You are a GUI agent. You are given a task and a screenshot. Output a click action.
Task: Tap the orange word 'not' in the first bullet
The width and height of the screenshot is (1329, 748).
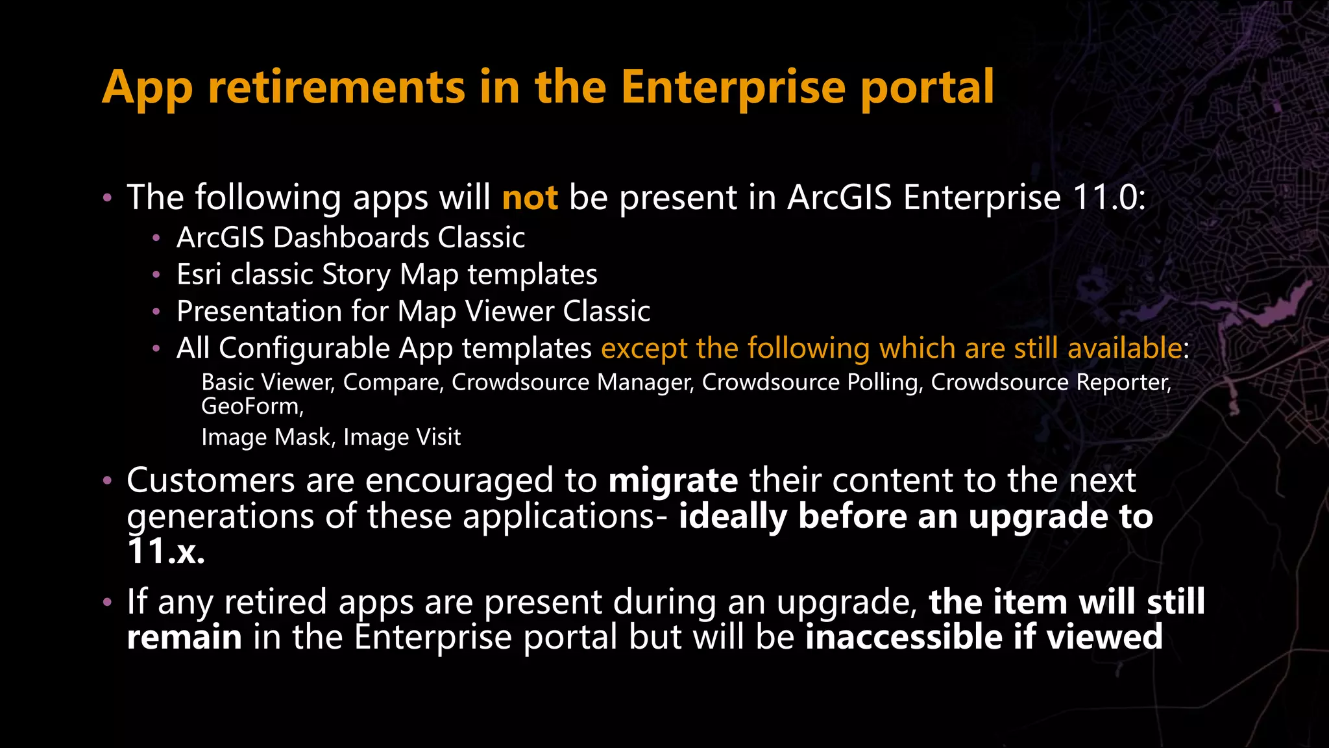530,197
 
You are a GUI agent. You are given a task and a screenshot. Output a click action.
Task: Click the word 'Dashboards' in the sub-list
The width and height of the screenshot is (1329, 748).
351,238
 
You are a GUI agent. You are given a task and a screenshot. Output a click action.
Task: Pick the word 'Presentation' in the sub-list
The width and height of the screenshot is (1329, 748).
259,312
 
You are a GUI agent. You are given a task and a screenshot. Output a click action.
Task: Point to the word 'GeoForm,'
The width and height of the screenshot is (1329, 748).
252,406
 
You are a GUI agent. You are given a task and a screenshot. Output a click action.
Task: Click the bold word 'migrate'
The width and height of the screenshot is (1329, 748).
673,481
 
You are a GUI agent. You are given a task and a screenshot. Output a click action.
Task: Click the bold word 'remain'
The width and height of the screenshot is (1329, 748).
184,637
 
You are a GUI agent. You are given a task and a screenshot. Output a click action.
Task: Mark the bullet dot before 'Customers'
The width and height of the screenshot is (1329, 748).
108,482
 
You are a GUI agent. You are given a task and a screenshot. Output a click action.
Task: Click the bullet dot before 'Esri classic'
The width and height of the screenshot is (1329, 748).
156,275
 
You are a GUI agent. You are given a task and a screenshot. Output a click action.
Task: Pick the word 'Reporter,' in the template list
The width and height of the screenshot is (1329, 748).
1124,382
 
